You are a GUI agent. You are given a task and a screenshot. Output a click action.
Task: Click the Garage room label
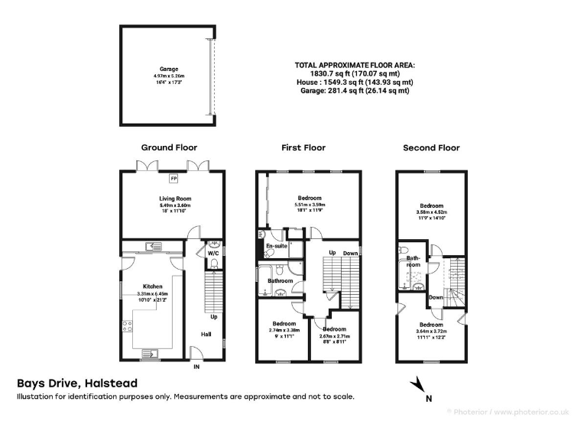pyautogui.click(x=168, y=68)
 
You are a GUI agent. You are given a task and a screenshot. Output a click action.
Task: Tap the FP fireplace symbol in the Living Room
pyautogui.click(x=174, y=179)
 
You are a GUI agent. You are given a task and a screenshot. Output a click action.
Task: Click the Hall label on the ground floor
pyautogui.click(x=206, y=333)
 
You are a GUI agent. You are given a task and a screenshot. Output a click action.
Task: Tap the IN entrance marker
pyautogui.click(x=196, y=367)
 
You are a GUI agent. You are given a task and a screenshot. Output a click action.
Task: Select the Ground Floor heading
pyautogui.click(x=169, y=147)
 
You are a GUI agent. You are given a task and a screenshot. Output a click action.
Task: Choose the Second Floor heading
pyautogui.click(x=431, y=147)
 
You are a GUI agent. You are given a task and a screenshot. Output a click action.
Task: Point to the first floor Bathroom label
pyautogui.click(x=280, y=280)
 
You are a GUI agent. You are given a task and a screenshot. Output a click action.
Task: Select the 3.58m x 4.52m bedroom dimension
pyautogui.click(x=431, y=212)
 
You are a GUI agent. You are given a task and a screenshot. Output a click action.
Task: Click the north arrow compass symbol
pyautogui.click(x=417, y=383)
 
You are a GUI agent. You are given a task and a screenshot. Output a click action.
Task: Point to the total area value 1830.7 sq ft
pyautogui.click(x=354, y=74)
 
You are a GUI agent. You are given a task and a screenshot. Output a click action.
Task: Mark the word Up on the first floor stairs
pyautogui.click(x=332, y=252)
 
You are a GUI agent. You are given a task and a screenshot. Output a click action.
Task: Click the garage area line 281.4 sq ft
pyautogui.click(x=354, y=91)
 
